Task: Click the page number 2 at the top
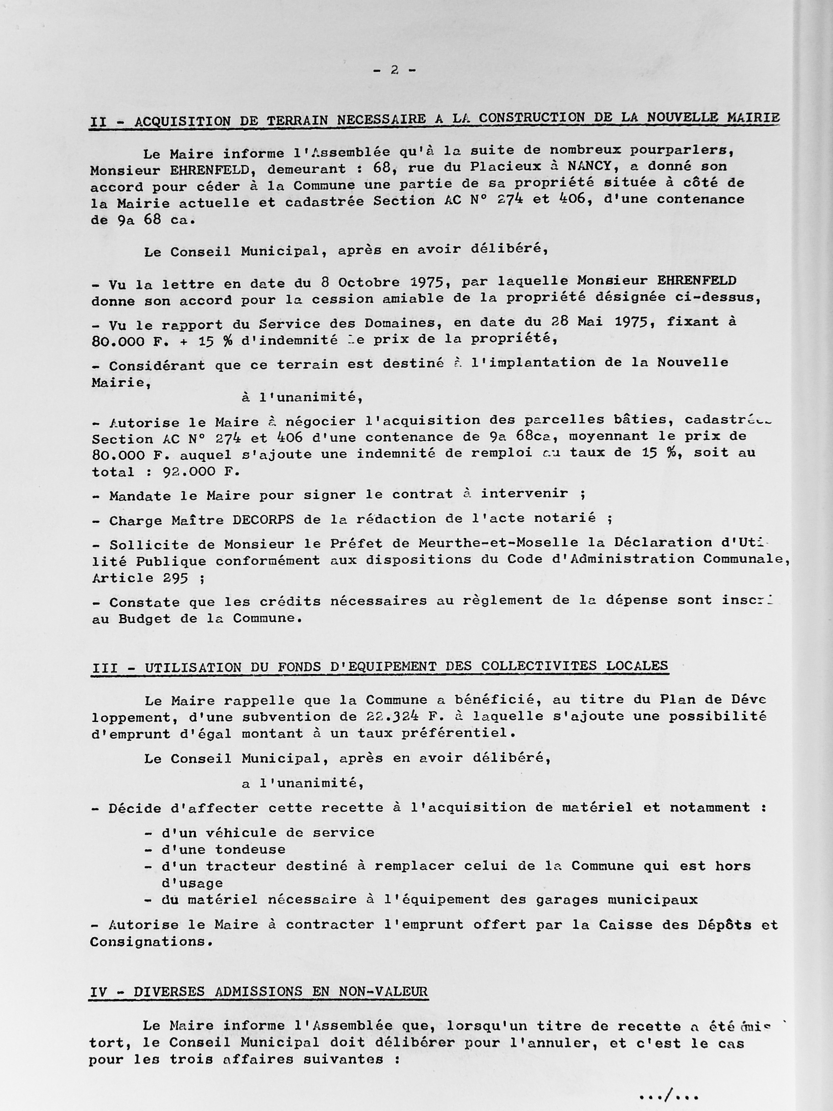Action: click(x=394, y=70)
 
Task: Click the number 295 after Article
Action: click(x=175, y=578)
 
